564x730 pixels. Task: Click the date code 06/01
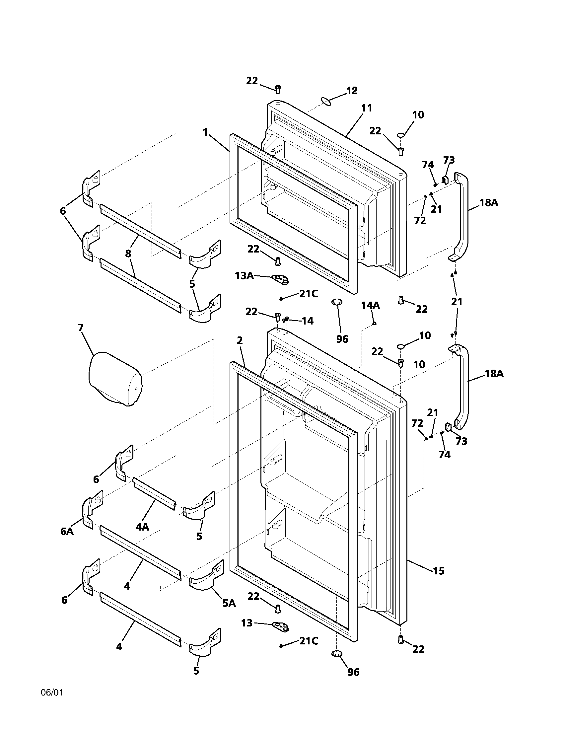click(52, 692)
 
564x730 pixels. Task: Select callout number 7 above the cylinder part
click(81, 328)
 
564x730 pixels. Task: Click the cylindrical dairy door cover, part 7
click(114, 379)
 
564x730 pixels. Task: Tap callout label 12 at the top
click(351, 91)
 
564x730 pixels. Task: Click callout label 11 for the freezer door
click(366, 108)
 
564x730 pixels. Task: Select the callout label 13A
click(244, 275)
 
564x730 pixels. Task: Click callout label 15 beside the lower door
click(439, 571)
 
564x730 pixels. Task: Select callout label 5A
click(229, 603)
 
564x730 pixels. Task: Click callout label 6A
click(67, 531)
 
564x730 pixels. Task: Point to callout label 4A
click(142, 527)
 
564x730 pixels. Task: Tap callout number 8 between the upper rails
click(128, 254)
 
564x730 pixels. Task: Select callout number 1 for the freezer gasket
click(205, 132)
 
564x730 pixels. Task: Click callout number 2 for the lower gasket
click(240, 341)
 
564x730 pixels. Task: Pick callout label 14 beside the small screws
click(308, 321)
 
